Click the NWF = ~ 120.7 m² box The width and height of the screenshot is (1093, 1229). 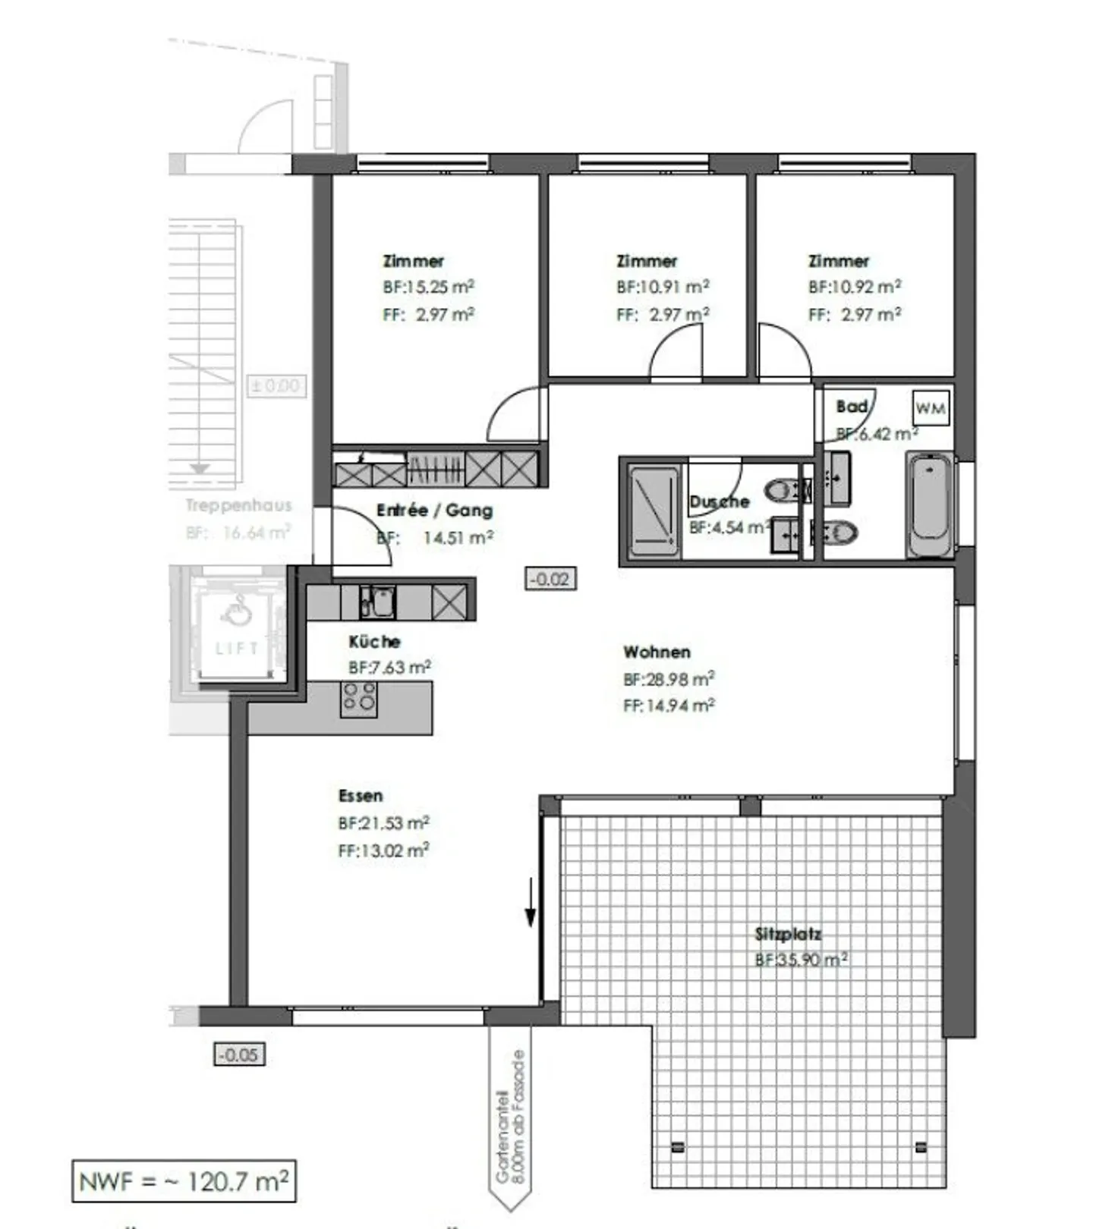(x=184, y=1181)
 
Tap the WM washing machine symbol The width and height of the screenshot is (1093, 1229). (x=930, y=408)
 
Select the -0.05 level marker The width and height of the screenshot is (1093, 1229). (x=240, y=1055)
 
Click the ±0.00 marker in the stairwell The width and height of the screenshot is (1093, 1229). (x=276, y=386)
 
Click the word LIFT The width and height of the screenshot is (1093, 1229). (x=237, y=649)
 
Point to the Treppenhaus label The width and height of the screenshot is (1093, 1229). (x=238, y=505)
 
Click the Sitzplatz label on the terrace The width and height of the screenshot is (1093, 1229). (x=788, y=934)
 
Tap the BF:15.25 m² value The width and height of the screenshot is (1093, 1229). (x=428, y=288)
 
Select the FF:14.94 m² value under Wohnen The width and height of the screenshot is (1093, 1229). (x=669, y=706)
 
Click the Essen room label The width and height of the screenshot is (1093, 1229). (x=361, y=796)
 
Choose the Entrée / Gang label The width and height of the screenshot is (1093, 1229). (x=434, y=511)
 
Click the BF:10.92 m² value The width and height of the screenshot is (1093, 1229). (x=855, y=288)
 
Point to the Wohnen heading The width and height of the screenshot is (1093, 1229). (x=657, y=652)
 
